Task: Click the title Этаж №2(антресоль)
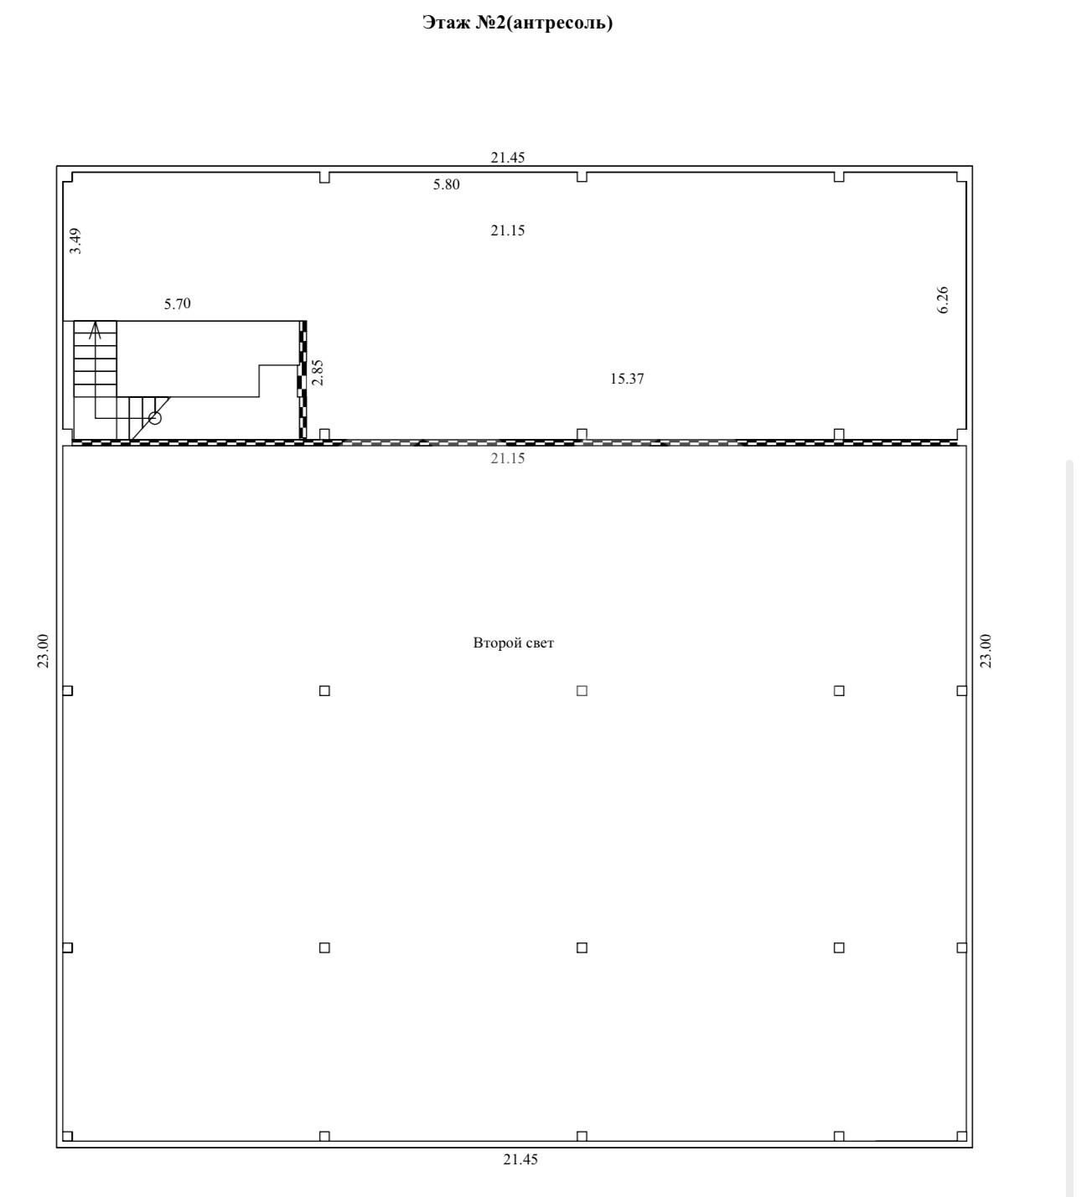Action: [x=517, y=23]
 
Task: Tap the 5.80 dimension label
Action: [x=446, y=184]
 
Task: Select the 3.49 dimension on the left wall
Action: [x=75, y=241]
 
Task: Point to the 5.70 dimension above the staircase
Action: [x=178, y=304]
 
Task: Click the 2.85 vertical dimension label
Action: [x=318, y=373]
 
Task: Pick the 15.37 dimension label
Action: [x=627, y=379]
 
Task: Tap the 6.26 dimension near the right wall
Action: [x=943, y=300]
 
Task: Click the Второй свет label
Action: [x=514, y=642]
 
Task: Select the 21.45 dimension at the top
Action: [x=508, y=157]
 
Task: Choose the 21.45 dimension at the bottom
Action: [x=520, y=1159]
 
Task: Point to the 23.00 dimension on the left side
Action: [x=43, y=651]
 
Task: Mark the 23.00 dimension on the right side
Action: [x=985, y=651]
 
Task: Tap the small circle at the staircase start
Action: [x=155, y=418]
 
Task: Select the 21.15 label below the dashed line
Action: [x=508, y=458]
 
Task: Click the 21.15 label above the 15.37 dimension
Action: [x=508, y=230]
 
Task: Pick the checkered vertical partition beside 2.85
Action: [x=303, y=379]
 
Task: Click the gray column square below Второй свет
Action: [x=582, y=690]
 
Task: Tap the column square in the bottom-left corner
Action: [x=68, y=1136]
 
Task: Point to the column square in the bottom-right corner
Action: [x=961, y=1136]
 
